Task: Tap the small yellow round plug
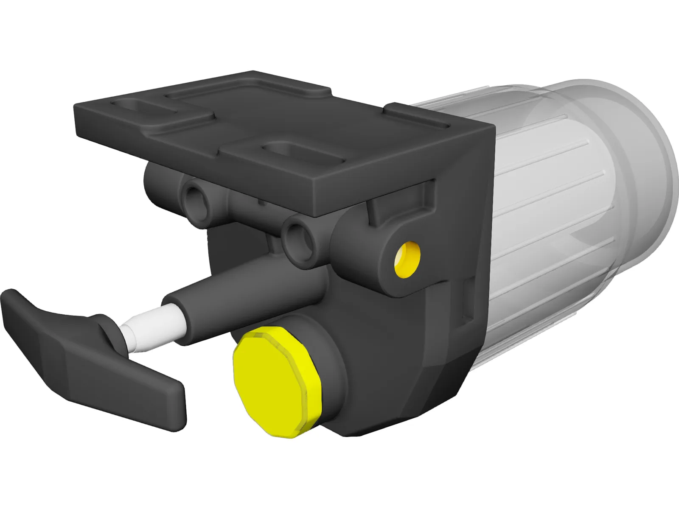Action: click(407, 259)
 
